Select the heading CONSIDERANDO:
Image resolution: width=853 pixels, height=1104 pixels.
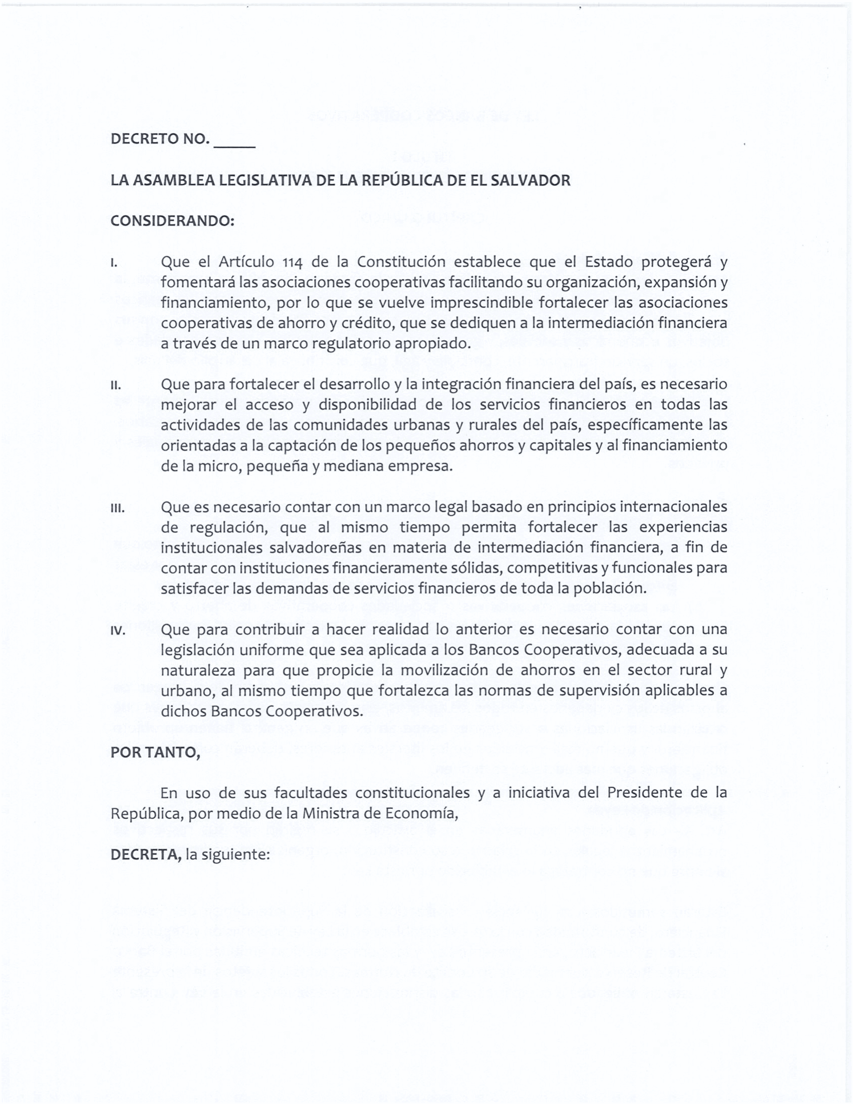pyautogui.click(x=172, y=221)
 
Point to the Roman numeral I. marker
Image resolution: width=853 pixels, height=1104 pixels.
pyautogui.click(x=114, y=263)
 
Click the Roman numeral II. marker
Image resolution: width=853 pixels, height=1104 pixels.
pyautogui.click(x=116, y=386)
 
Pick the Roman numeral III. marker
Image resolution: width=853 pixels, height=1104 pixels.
pyautogui.click(x=117, y=508)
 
